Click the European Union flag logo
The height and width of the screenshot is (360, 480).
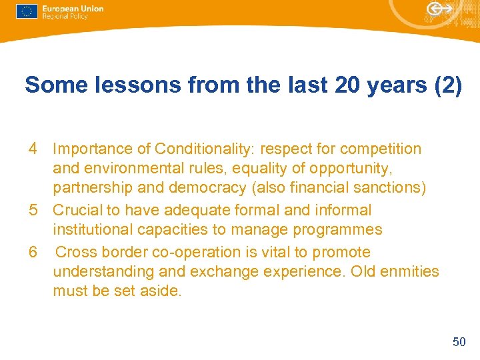[x=27, y=11]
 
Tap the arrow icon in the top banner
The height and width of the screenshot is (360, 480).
[x=439, y=9]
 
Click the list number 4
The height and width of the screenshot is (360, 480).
[x=33, y=149]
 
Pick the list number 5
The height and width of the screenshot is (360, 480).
[x=33, y=210]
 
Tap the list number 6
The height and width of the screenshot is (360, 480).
[x=33, y=252]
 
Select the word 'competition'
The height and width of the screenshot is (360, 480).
[x=381, y=149]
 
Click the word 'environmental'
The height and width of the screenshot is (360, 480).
[x=130, y=168]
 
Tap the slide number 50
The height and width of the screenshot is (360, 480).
[x=459, y=342]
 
